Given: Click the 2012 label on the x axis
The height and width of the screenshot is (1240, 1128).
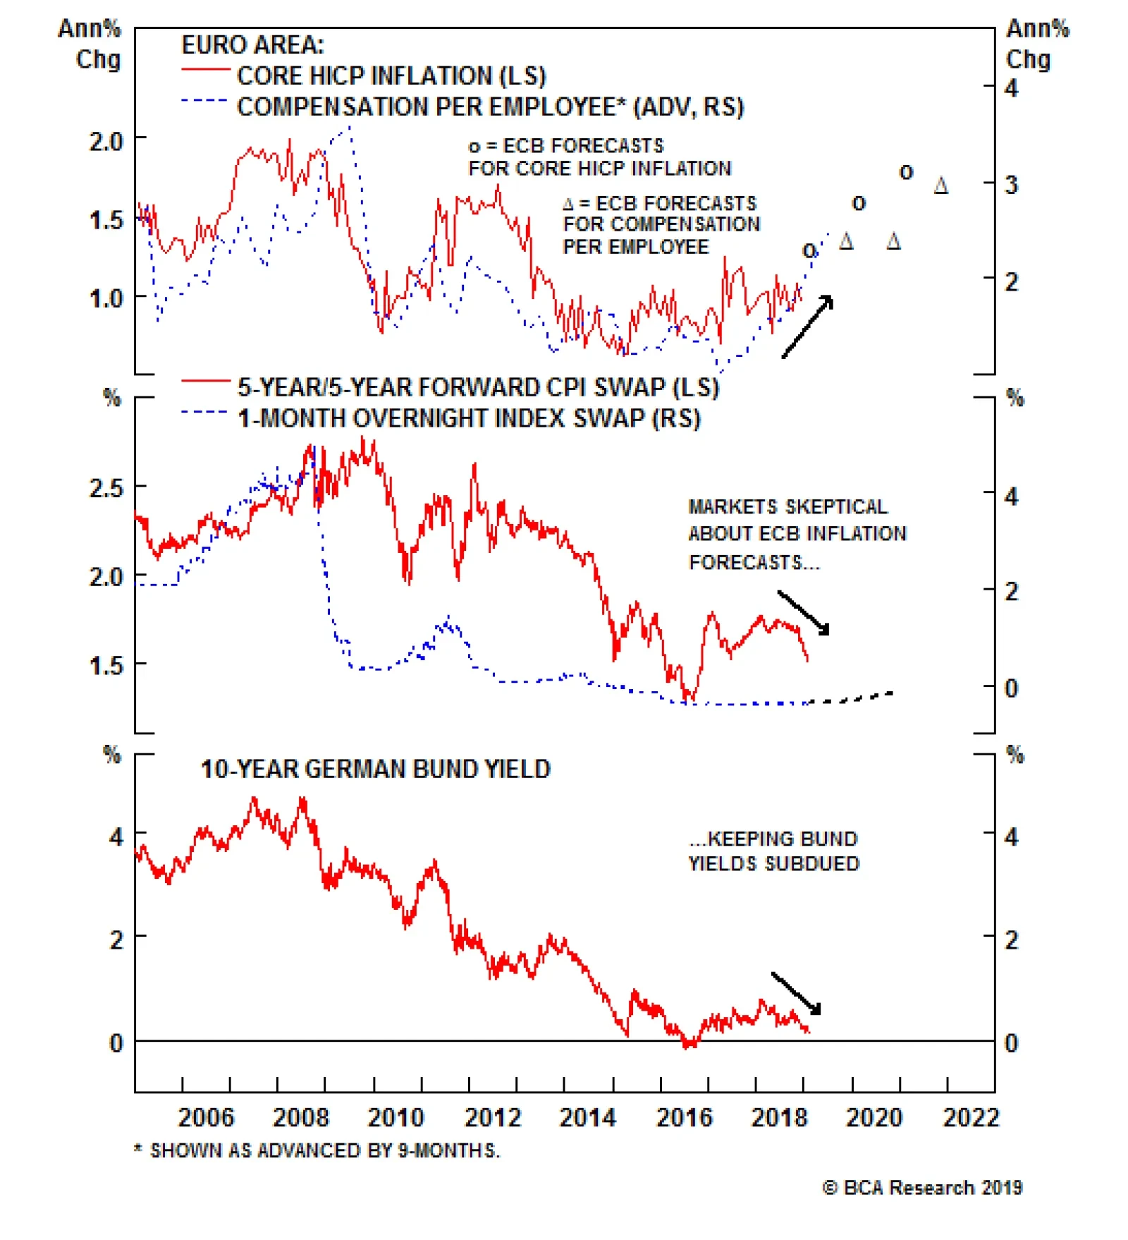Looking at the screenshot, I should coord(491,1118).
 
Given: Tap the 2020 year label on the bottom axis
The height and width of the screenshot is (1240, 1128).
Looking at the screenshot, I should coord(873,1118).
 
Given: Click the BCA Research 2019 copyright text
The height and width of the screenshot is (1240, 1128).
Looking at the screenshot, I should coord(922,1188).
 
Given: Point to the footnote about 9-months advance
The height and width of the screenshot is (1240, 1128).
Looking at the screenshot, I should coord(317,1151).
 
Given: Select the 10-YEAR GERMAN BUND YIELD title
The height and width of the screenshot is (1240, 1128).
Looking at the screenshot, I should coord(375,769).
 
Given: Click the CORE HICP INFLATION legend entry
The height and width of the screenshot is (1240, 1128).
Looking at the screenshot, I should coord(391,75).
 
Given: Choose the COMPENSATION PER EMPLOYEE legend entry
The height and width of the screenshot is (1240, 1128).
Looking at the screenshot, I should coord(490,107).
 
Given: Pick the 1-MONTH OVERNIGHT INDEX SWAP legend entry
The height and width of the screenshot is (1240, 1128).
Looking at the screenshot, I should coord(469,418).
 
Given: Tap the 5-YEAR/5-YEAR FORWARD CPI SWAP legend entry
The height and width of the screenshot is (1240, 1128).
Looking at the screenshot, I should coord(477,387).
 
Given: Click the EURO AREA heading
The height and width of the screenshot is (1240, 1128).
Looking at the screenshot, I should coord(252,45).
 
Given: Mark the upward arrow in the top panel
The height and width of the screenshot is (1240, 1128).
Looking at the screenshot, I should coord(808,327).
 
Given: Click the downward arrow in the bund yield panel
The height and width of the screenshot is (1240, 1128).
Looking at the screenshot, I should coord(796,993).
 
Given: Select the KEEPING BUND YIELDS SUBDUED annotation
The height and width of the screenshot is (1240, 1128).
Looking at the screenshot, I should coord(773,851).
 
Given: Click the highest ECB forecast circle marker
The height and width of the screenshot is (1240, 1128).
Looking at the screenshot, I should coord(906,171).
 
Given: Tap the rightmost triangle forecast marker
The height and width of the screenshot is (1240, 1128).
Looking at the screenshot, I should coord(940,186).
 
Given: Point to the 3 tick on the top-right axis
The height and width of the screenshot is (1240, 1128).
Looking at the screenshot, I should coord(1011,185).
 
